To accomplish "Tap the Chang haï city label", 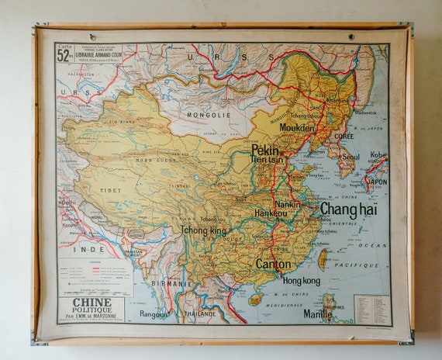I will [x=348, y=209].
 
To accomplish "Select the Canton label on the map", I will [x=273, y=264].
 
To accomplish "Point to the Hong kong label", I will [x=301, y=280].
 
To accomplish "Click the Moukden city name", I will [x=296, y=127].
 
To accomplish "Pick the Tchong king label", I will [x=203, y=230].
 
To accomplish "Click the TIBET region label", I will [x=110, y=189].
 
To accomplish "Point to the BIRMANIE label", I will [x=171, y=284].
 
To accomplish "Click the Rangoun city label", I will [x=154, y=314].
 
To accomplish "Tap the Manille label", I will [x=317, y=314].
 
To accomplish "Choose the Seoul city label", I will [x=350, y=156].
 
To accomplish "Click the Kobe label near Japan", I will [x=378, y=155].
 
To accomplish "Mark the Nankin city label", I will [x=288, y=204].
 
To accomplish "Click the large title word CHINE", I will [x=91, y=303].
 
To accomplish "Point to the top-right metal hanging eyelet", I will [x=350, y=36].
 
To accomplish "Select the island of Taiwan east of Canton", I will [x=323, y=258].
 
